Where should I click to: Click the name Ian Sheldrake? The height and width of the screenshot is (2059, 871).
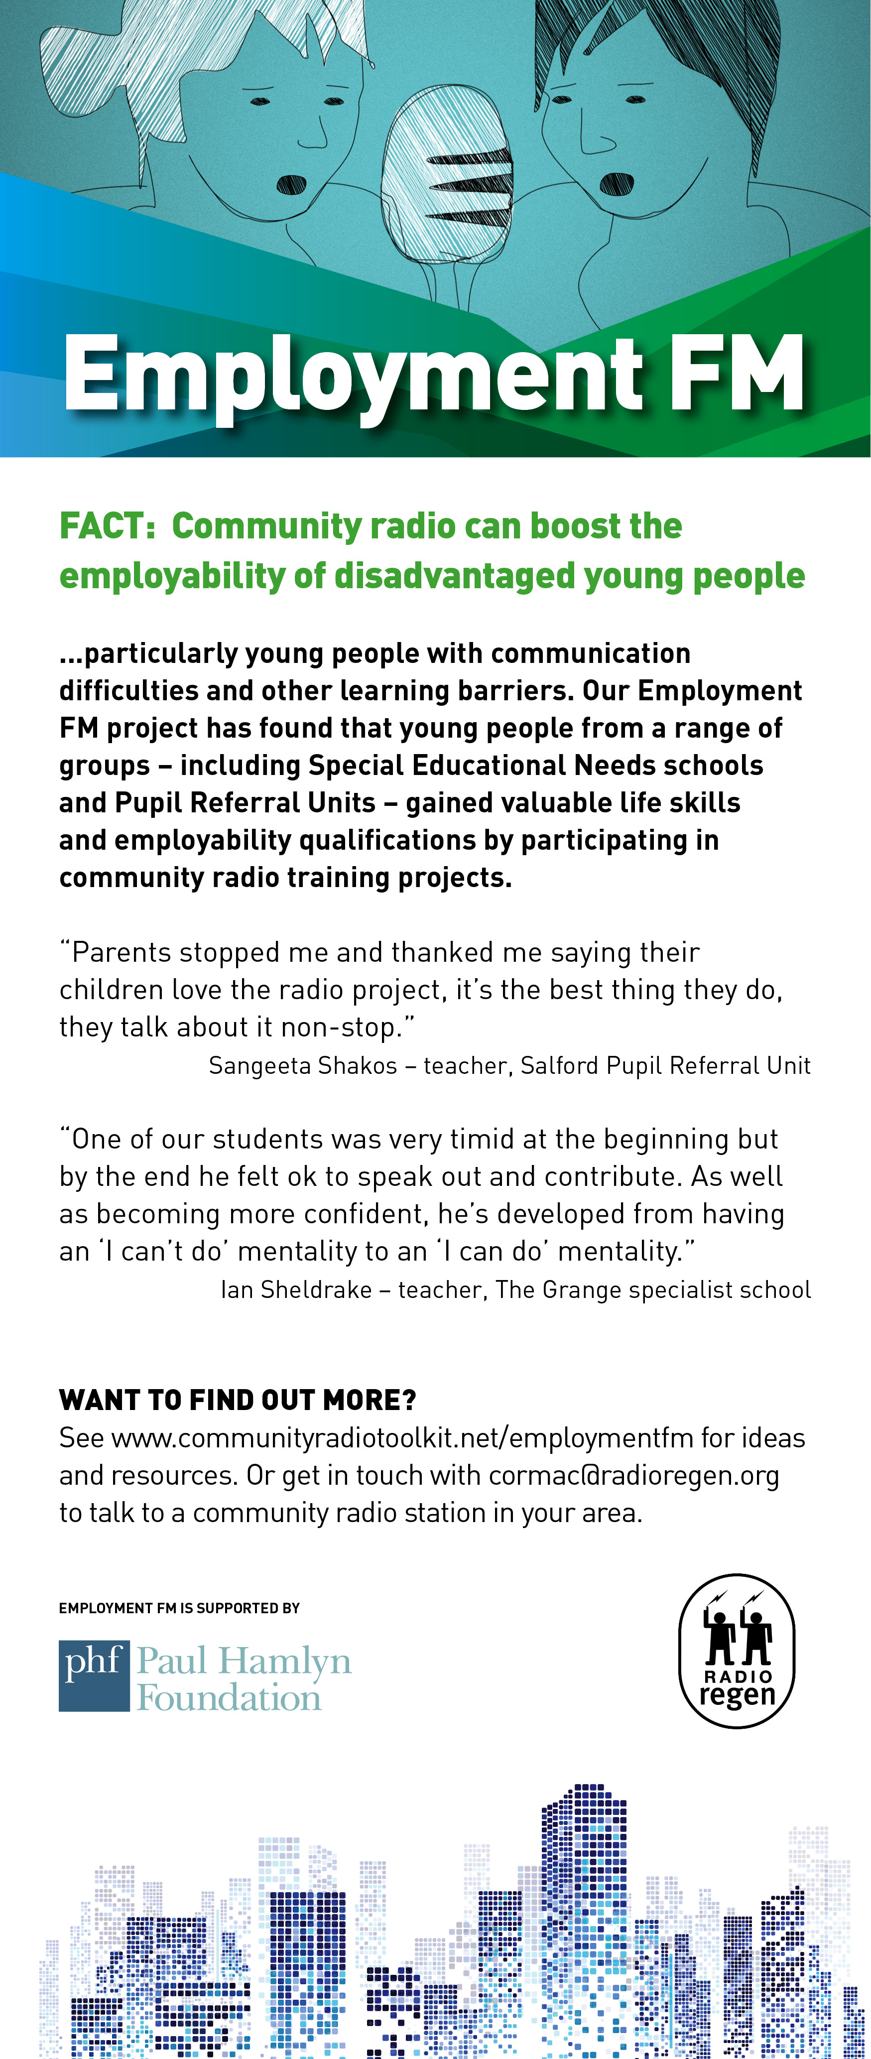point(296,1289)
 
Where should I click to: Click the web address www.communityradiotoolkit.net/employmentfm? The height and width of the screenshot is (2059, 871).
point(402,1438)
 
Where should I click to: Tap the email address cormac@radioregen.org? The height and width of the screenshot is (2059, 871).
point(633,1475)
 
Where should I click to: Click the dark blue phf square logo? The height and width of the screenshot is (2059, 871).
point(94,1675)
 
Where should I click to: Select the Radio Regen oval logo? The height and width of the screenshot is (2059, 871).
point(737,1651)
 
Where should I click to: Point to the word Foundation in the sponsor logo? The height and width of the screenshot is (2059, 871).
point(230,1698)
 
